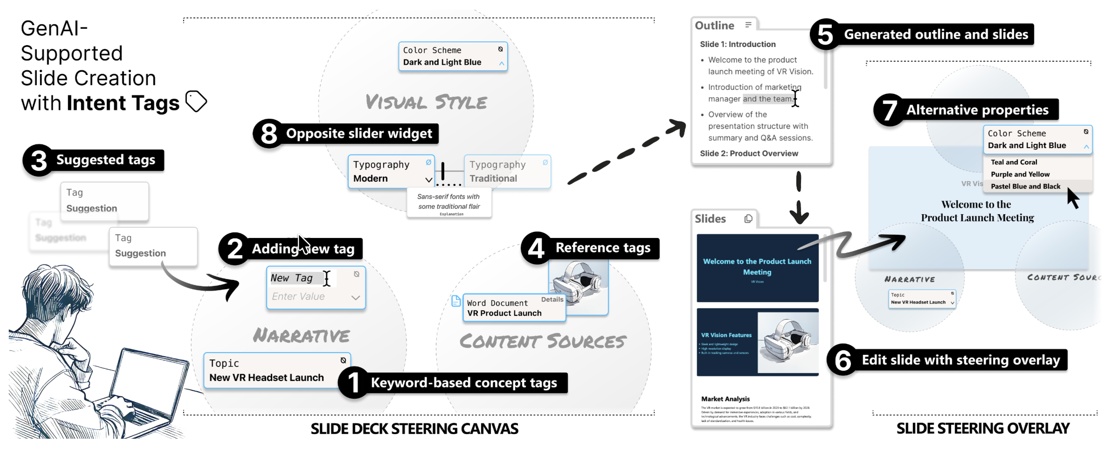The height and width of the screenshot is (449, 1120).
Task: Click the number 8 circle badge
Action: pyautogui.click(x=269, y=134)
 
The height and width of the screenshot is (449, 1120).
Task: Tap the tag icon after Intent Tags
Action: pyautogui.click(x=196, y=101)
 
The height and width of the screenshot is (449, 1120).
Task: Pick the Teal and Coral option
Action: pyautogui.click(x=1014, y=162)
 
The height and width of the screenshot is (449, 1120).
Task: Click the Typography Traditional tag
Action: pyautogui.click(x=507, y=171)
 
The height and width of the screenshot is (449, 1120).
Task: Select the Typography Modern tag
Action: pyautogui.click(x=390, y=171)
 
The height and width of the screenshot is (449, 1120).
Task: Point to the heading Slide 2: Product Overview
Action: pyautogui.click(x=749, y=153)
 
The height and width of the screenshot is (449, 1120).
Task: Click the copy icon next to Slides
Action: pyautogui.click(x=748, y=218)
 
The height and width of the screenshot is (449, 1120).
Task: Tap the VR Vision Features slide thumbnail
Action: pyautogui.click(x=757, y=342)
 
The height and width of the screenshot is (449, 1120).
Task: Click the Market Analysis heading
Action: pyautogui.click(x=725, y=399)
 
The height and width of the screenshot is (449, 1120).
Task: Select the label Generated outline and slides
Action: pyautogui.click(x=935, y=34)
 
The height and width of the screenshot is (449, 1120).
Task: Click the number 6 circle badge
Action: pyautogui.click(x=843, y=361)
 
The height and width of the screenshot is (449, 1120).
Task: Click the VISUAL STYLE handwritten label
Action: pyautogui.click(x=426, y=102)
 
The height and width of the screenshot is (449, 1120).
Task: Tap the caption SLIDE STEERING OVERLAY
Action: pyautogui.click(x=982, y=428)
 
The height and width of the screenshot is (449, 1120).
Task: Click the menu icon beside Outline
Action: pyautogui.click(x=748, y=25)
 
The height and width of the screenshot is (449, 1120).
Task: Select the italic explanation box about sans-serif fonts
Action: pyautogui.click(x=449, y=203)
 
